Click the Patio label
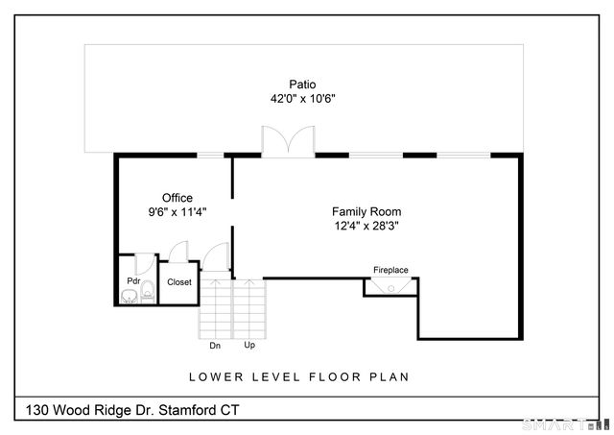pos(302,84)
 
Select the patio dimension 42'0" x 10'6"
pos(302,98)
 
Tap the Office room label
pos(177,198)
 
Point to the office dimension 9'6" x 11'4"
pos(177,212)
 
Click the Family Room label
pos(366,211)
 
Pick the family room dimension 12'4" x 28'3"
pos(366,226)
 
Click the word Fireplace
pos(391,271)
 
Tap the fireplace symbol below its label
pos(391,286)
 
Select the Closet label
pos(179,282)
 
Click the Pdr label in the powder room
pos(133,281)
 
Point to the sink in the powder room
pos(129,297)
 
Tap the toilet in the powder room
pos(147,291)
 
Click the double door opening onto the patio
pos(287,142)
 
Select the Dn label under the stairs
pos(215,345)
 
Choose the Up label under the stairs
pos(249,345)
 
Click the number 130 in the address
pos(38,411)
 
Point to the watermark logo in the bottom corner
pos(573,423)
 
